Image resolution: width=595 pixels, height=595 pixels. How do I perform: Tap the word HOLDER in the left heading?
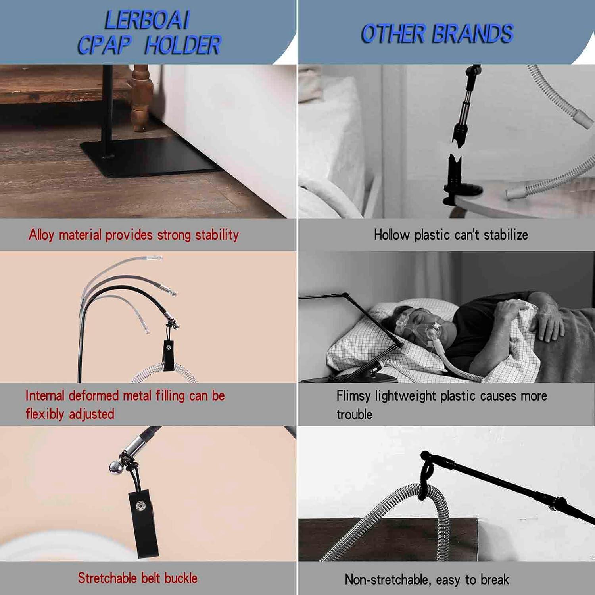[x=182, y=45]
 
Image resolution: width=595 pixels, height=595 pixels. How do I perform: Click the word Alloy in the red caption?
[x=41, y=235]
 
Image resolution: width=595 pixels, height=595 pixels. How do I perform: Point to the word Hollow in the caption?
[x=392, y=235]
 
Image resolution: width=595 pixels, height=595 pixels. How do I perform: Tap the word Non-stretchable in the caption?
[x=386, y=580]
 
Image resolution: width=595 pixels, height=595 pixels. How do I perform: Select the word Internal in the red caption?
[x=44, y=395]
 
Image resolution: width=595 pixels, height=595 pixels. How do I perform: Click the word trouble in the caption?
[x=354, y=415]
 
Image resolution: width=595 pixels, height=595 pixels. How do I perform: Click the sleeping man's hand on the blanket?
[x=549, y=317]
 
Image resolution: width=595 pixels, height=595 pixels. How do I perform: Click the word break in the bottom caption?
[x=494, y=580]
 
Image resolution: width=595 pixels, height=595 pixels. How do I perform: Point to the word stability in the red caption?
[x=217, y=235]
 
